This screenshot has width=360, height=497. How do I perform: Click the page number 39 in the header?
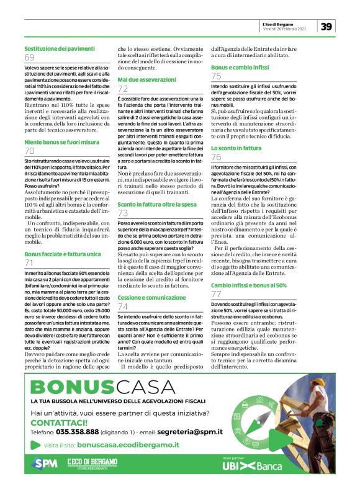click(327, 26)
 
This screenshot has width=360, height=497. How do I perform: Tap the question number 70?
click(29, 151)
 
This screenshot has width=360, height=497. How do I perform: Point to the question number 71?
click(29, 263)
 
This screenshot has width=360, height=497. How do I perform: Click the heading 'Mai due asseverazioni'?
click(146, 80)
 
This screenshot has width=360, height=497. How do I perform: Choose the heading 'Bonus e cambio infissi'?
click(239, 66)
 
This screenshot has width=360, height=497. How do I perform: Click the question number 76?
click(216, 158)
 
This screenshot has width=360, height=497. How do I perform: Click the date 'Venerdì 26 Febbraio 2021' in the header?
click(285, 29)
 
